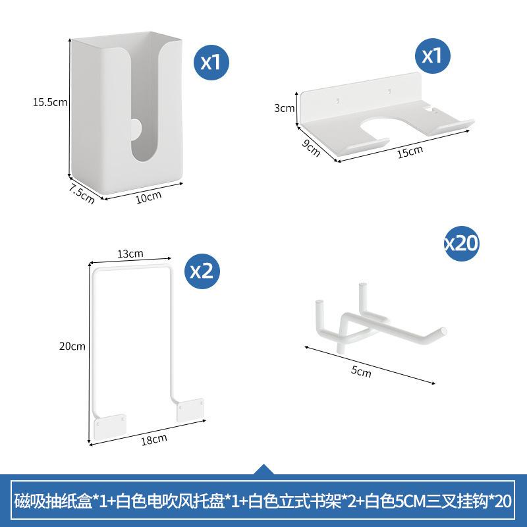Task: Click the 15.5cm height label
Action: coord(51,102)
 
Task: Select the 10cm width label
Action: coord(148,196)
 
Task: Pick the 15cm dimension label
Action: coord(410,151)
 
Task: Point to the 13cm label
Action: coord(131,254)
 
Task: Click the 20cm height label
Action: coord(72,346)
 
